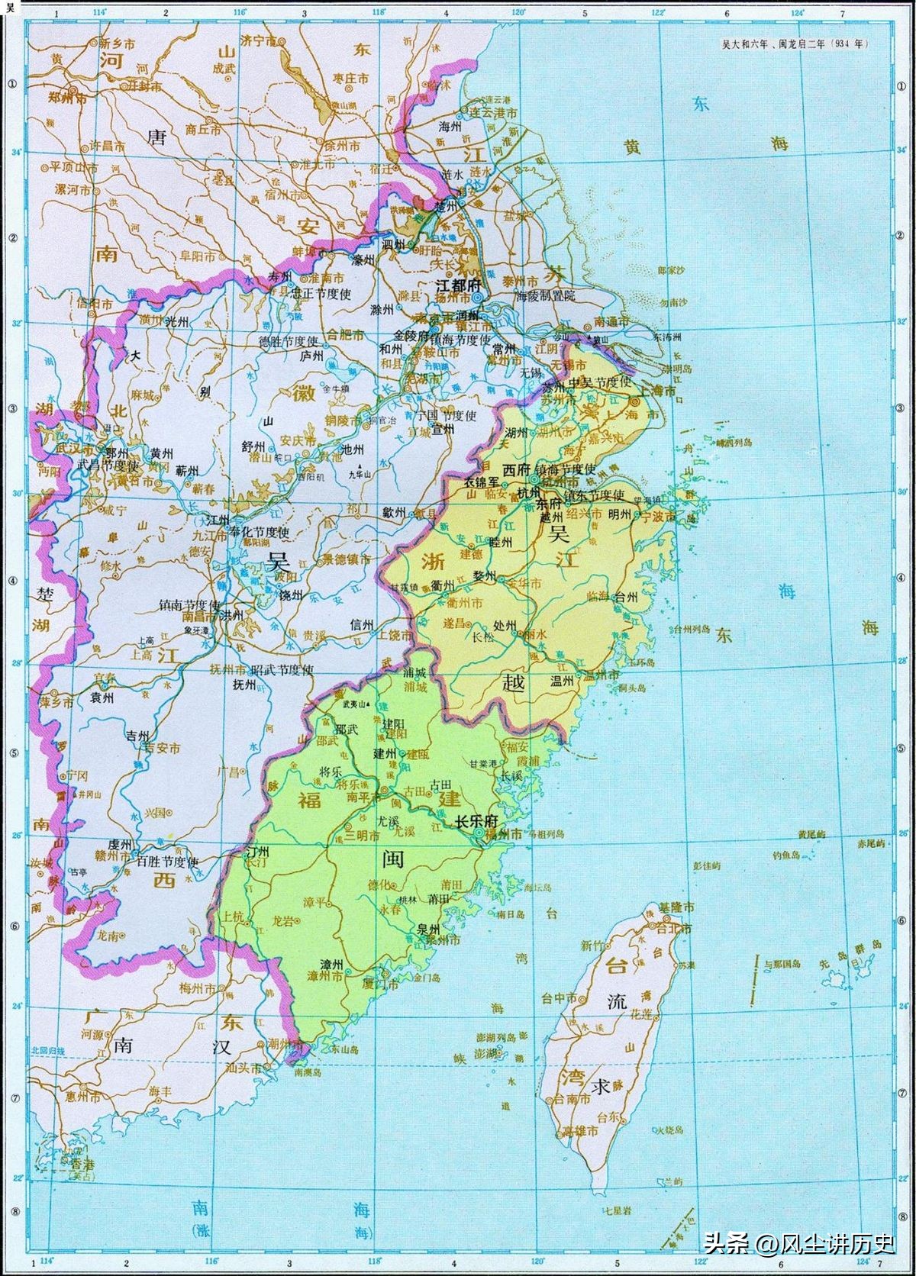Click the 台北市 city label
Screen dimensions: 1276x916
coord(676,929)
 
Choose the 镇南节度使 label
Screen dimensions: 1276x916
coord(189,604)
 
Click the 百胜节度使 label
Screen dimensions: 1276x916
coord(168,862)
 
